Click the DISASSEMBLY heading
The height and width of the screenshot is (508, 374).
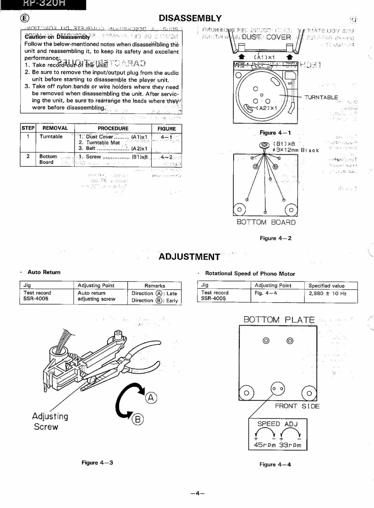point(190,18)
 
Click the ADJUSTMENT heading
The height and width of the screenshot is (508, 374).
point(189,257)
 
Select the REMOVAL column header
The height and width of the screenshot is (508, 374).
point(55,128)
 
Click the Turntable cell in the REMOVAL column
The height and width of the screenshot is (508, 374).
point(51,136)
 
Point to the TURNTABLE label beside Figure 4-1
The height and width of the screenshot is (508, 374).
point(321,97)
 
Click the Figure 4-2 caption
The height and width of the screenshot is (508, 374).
point(276,238)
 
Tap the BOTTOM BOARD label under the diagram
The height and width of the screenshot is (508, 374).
point(266,222)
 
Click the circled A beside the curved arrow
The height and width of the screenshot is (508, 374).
point(151,398)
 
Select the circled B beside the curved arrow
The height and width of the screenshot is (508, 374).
point(138,419)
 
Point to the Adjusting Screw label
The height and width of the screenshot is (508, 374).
point(50,422)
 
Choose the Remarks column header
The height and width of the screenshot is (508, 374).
point(154,286)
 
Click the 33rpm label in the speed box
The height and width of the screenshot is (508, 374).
point(290,445)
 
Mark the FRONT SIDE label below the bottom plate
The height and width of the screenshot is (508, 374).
point(297,406)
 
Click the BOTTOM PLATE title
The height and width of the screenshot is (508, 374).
point(279,320)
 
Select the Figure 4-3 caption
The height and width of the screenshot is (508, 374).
point(97,463)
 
